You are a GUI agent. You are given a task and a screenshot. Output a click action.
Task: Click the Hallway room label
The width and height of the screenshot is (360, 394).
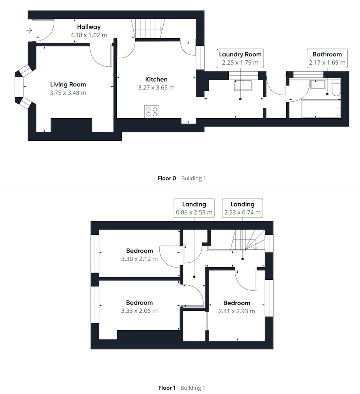(89, 27)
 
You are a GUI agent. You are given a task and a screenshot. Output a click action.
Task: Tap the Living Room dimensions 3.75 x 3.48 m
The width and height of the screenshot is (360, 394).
(68, 93)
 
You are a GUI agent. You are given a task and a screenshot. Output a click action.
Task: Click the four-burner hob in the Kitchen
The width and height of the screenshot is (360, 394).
(151, 112)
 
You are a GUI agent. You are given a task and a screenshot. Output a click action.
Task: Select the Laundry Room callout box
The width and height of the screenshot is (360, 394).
(241, 58)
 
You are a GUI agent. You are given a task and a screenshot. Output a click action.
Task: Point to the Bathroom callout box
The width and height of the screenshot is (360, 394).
(327, 58)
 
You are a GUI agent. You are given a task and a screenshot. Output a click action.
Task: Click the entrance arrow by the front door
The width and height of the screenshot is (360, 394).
(30, 30)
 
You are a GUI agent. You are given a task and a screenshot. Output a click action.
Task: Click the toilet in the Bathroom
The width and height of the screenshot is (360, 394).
(336, 88)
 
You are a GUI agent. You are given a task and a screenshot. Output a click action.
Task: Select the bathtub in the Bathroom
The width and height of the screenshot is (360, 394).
(321, 109)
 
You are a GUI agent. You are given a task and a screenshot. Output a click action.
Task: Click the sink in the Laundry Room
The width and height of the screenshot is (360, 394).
(243, 85)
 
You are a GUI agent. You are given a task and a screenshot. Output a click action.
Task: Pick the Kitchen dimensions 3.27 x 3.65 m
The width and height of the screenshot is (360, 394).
(156, 88)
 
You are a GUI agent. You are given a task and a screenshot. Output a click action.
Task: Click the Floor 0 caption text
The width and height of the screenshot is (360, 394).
(167, 178)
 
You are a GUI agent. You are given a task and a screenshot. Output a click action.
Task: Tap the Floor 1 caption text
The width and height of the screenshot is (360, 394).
(167, 388)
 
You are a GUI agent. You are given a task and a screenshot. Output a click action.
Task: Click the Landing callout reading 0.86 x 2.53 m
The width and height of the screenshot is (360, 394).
(194, 208)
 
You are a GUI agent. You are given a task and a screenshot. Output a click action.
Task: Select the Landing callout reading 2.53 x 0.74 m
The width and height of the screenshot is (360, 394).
(242, 208)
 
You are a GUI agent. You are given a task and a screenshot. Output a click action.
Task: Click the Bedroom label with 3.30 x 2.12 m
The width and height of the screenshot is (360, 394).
(140, 251)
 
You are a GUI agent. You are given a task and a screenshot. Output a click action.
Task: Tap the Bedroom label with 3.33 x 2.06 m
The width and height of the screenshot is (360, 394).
(139, 303)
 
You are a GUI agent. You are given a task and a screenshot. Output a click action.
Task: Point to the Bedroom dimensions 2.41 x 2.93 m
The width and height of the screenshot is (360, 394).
(237, 311)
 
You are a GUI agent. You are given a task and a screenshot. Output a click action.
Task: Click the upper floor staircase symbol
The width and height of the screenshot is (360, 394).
(248, 240)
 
